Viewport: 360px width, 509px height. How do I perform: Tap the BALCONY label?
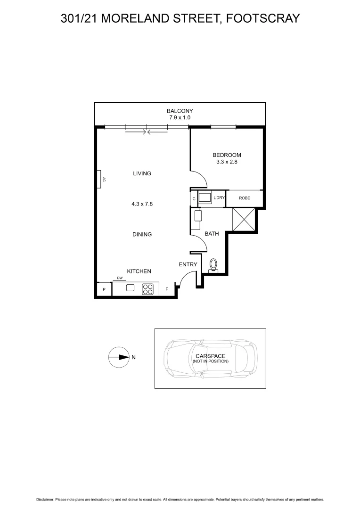click(180, 111)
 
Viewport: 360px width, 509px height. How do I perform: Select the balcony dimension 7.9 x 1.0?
click(180, 117)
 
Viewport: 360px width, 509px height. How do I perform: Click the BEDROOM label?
click(227, 155)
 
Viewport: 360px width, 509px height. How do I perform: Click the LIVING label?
click(142, 173)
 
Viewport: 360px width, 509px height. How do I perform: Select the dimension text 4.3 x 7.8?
click(142, 204)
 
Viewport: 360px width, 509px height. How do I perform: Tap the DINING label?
click(142, 234)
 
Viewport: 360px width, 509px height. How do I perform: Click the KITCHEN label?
click(139, 271)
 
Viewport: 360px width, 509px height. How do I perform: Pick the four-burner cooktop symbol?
click(148, 289)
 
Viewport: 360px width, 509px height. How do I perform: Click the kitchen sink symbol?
click(131, 288)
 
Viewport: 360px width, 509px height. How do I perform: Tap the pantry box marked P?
click(104, 289)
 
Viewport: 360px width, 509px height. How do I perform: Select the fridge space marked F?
click(166, 289)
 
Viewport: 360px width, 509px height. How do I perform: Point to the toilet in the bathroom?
click(213, 266)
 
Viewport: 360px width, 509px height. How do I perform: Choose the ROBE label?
click(244, 198)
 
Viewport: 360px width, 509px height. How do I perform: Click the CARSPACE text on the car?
click(210, 356)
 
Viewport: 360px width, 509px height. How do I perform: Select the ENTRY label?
click(188, 264)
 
